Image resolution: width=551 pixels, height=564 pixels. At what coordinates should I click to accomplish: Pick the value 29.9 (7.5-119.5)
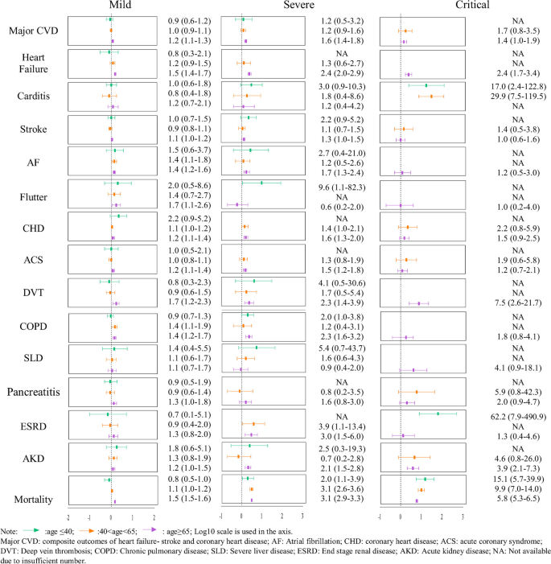508,96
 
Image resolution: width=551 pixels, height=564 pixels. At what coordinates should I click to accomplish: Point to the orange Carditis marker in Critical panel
431,96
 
